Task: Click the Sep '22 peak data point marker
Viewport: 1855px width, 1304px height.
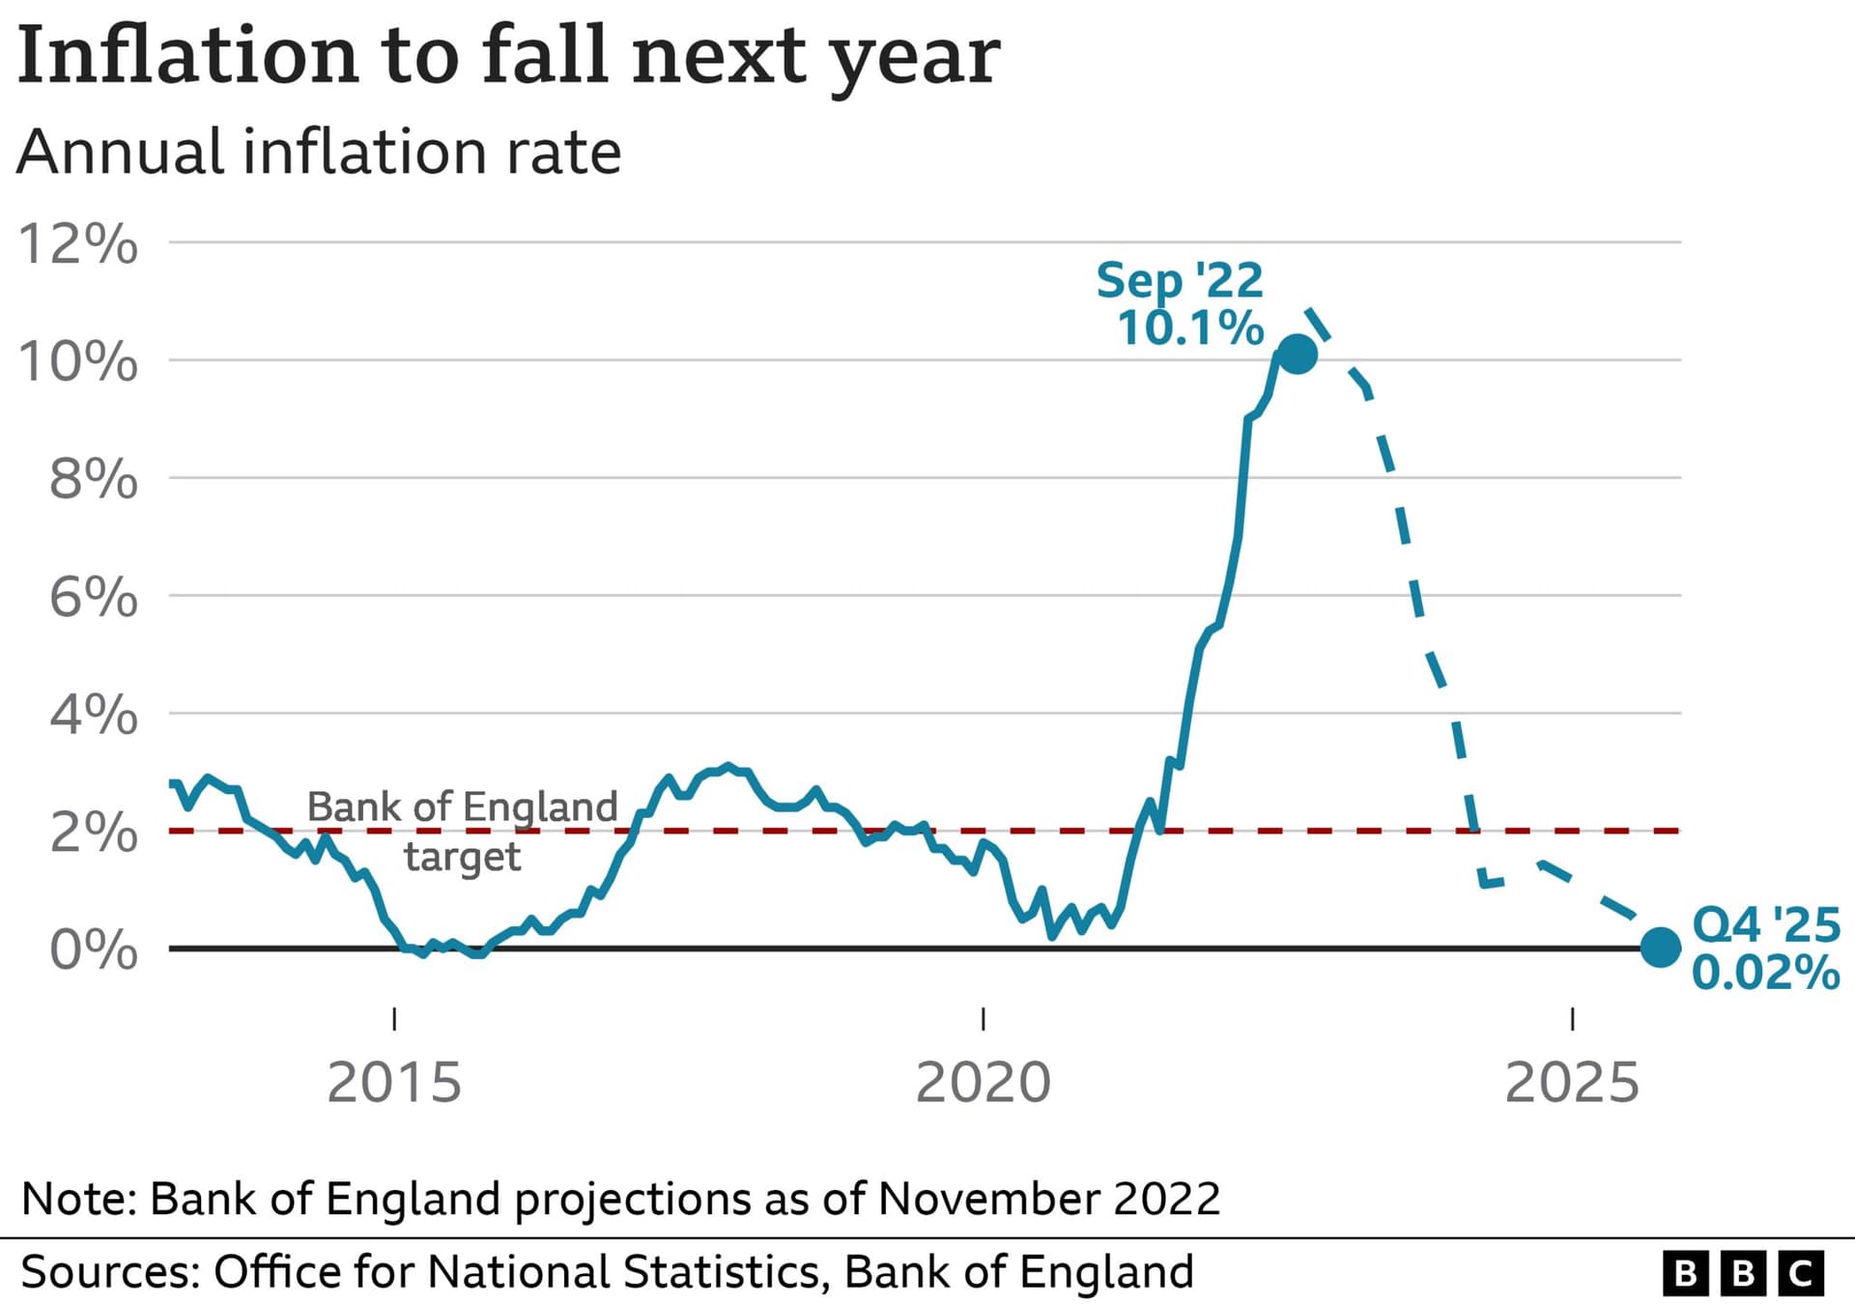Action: (x=1297, y=354)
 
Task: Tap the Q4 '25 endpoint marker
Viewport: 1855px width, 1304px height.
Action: (x=1660, y=947)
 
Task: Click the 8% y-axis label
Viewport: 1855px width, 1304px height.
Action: (x=94, y=480)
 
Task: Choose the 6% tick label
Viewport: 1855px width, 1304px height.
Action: (x=94, y=598)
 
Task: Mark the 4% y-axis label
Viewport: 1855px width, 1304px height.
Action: (x=94, y=716)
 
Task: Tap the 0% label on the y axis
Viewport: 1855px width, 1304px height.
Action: (x=94, y=950)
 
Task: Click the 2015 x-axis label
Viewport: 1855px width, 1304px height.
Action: (x=394, y=1082)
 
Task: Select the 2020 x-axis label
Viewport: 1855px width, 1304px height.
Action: (x=983, y=1082)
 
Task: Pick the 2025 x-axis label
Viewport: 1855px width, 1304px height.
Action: (x=1572, y=1082)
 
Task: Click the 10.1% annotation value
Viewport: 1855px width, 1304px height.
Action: (x=1190, y=328)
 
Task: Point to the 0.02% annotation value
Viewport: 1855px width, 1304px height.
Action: (x=1765, y=973)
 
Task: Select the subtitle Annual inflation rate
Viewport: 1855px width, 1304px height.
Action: (x=319, y=153)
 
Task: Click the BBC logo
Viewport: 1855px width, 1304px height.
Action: (x=1743, y=1273)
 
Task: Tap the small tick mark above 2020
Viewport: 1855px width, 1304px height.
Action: (x=983, y=1018)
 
